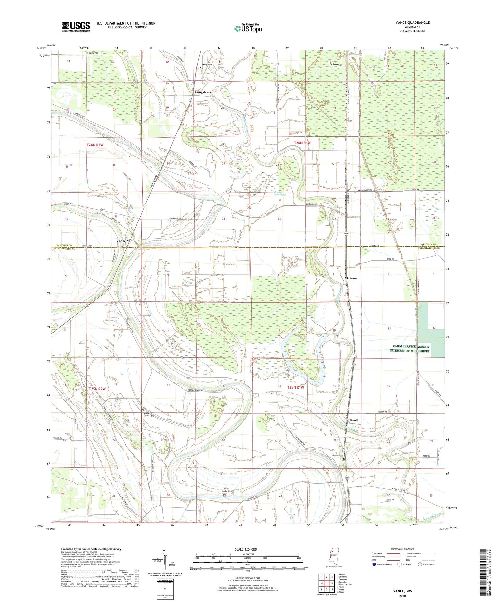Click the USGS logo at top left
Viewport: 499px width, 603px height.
point(76,27)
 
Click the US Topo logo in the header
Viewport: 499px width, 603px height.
point(248,28)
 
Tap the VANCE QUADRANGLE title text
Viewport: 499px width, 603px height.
point(413,23)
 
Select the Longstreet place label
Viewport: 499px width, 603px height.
point(203,92)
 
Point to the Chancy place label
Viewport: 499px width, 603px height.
point(336,64)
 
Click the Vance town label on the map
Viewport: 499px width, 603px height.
point(121,241)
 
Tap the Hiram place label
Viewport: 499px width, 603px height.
point(352,278)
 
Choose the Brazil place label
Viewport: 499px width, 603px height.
point(354,420)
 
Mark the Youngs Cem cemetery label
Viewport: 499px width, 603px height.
point(207,65)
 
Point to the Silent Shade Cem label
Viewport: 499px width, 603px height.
point(227,490)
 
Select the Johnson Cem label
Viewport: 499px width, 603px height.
point(337,456)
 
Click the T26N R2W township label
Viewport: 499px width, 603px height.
point(95,145)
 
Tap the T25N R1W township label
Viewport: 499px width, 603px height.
point(296,387)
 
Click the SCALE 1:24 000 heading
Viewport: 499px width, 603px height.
point(246,549)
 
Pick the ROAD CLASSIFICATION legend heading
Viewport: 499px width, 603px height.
point(402,549)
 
